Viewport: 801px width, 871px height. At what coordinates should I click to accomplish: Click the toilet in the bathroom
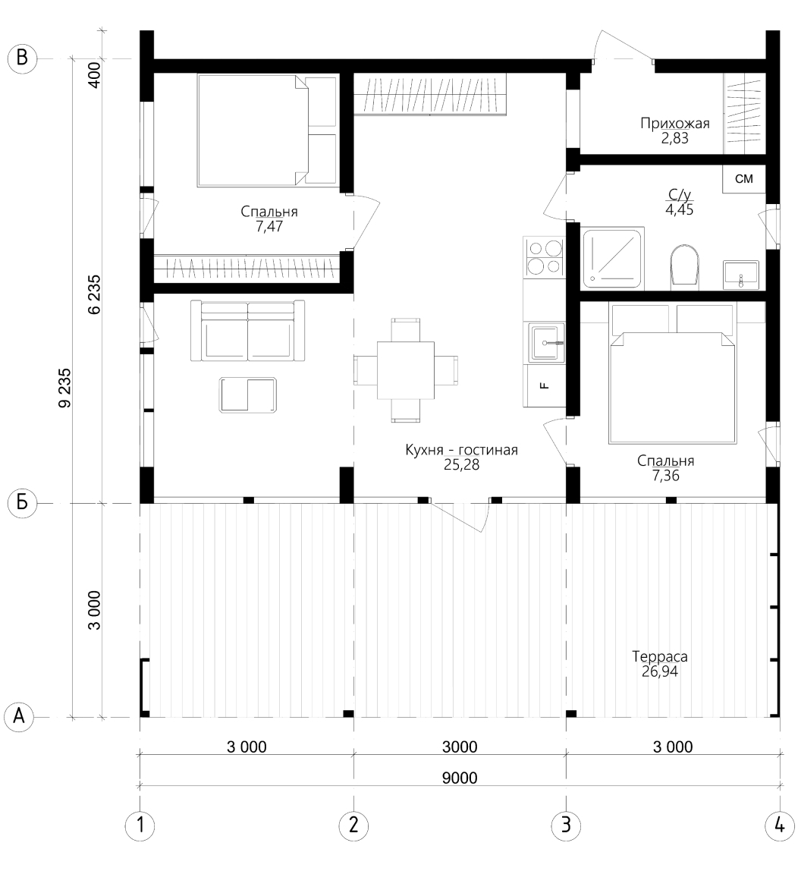[x=685, y=266]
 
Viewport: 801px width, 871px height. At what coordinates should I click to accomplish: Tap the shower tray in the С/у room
[x=612, y=258]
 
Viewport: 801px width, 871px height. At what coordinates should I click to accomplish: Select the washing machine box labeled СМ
[x=744, y=179]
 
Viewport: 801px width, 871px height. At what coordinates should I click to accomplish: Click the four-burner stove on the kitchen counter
[x=544, y=256]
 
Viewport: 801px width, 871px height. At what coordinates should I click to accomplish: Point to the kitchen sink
[x=547, y=342]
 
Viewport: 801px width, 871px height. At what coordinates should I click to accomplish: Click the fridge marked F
[x=545, y=385]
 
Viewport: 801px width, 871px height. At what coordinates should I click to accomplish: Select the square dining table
[x=406, y=370]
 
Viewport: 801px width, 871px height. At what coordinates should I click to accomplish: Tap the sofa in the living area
[x=248, y=331]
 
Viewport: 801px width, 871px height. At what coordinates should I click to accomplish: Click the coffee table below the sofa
[x=248, y=395]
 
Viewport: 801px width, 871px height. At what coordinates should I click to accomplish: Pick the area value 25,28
[x=461, y=465]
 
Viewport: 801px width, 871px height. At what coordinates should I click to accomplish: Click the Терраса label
[x=660, y=656]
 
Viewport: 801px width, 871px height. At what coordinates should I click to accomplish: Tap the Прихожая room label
[x=675, y=123]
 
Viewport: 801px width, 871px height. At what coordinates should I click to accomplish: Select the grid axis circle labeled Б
[x=22, y=503]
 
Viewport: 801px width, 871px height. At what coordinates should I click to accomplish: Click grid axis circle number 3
[x=566, y=825]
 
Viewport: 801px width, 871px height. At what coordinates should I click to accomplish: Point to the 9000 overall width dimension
[x=460, y=778]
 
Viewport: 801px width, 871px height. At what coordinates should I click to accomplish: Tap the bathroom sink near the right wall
[x=741, y=275]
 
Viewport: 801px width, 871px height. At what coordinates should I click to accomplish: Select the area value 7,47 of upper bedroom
[x=269, y=226]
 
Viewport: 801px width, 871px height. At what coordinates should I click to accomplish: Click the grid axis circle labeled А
[x=19, y=716]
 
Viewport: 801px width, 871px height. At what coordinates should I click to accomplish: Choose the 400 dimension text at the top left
[x=94, y=75]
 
